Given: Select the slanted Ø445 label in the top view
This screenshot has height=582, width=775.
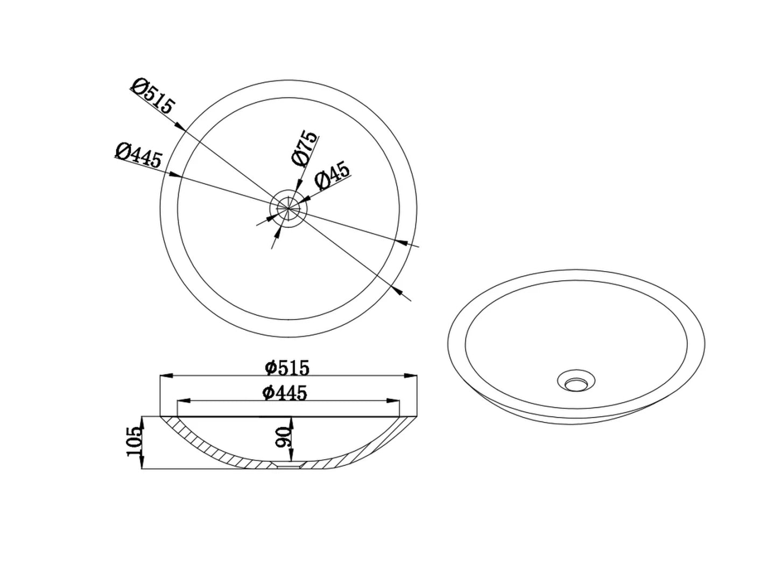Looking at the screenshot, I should (x=138, y=155).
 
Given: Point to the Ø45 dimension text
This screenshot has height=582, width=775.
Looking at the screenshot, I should (x=332, y=175).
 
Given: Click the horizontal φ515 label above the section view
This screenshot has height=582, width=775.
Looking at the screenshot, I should (x=287, y=368).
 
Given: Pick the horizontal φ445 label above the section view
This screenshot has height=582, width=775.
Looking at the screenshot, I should (x=285, y=393).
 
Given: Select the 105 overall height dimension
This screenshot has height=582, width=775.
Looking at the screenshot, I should (x=135, y=441).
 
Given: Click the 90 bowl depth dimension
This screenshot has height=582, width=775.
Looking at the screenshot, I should (x=283, y=437).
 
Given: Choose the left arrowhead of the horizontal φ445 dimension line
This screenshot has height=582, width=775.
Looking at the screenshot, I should (x=182, y=401).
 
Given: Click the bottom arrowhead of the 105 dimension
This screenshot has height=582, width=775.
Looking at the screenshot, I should (x=142, y=464).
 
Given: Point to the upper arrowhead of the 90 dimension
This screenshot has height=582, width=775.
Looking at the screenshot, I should (x=291, y=421).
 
